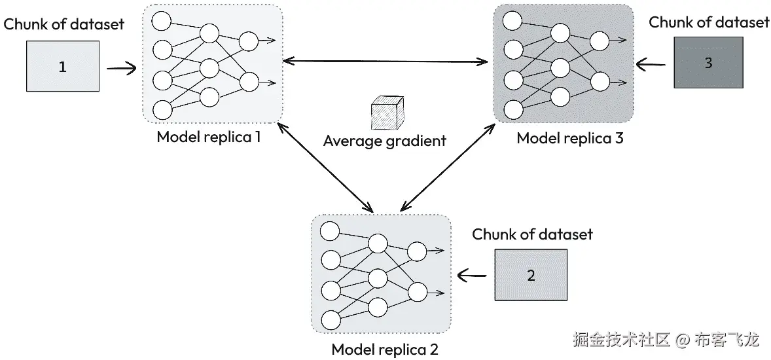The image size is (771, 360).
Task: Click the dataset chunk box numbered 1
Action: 62,66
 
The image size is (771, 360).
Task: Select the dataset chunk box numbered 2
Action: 531,274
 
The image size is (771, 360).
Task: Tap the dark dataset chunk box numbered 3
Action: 708,62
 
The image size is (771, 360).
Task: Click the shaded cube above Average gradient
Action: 387,113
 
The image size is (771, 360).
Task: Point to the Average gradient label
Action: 384,141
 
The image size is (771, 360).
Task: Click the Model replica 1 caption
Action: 209,136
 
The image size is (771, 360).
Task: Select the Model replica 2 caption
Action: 384,349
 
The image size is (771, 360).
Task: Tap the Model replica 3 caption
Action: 570,138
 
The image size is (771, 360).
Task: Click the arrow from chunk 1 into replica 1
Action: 122,68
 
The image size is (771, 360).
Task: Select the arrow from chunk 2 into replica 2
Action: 473,276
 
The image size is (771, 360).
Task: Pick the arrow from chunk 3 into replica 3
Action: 651,64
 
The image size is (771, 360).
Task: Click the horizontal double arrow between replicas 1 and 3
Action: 385,62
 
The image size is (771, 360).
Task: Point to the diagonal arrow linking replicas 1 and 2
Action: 325,167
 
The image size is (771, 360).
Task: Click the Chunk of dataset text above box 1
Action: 64,24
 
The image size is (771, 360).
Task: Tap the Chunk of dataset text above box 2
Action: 533,234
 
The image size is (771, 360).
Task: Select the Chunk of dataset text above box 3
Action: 709,22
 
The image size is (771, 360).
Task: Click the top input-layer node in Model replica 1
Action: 161,21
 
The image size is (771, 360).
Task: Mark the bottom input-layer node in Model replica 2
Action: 330,320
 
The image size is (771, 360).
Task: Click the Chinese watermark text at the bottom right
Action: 666,339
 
